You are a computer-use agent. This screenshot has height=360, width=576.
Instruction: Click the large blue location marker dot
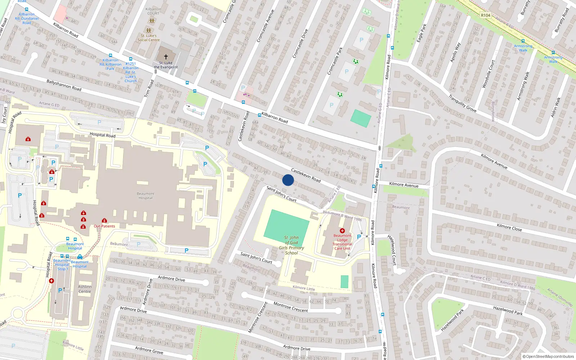[288, 180]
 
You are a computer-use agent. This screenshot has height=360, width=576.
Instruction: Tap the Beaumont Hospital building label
[145, 196]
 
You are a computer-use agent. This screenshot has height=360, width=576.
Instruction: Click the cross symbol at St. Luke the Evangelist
[166, 57]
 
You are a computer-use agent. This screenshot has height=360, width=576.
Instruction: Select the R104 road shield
[486, 15]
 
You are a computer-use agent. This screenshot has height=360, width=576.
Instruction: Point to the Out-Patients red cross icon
[104, 221]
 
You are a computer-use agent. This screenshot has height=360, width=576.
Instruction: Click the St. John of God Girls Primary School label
[291, 245]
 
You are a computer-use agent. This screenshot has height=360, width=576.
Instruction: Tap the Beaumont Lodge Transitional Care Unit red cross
[342, 230]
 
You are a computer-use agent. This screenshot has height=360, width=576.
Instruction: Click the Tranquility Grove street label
[462, 103]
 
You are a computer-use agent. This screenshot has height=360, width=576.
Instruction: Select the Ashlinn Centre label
[85, 289]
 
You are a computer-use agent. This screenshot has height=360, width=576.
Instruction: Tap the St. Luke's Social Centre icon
[149, 31]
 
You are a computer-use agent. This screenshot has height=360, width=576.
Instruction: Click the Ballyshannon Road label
[64, 85]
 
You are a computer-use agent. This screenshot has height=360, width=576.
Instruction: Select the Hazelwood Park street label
[508, 311]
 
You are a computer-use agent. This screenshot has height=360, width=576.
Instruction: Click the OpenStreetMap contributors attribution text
[548, 356]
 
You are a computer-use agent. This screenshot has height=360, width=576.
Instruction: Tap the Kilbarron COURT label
[153, 11]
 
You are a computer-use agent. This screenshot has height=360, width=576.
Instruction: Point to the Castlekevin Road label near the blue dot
[306, 175]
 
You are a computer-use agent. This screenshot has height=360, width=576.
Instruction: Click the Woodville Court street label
[489, 74]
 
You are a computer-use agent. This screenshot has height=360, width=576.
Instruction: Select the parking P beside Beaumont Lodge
[359, 237]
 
